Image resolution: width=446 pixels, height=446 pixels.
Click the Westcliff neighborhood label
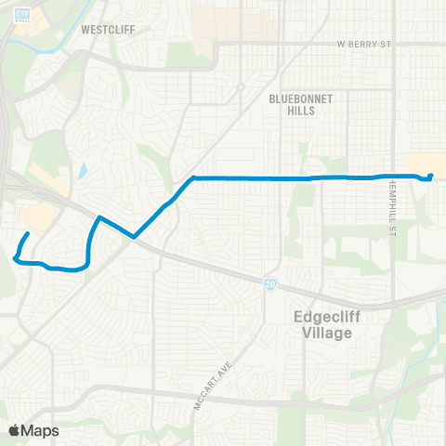(108, 29)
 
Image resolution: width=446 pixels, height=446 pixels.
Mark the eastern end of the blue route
(431, 176)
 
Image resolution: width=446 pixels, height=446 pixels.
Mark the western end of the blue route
(28, 233)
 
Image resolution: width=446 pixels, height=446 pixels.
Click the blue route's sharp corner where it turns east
(192, 177)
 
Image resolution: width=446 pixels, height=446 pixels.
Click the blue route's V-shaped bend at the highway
(136, 236)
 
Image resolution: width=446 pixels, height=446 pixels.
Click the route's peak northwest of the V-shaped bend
(99, 217)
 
